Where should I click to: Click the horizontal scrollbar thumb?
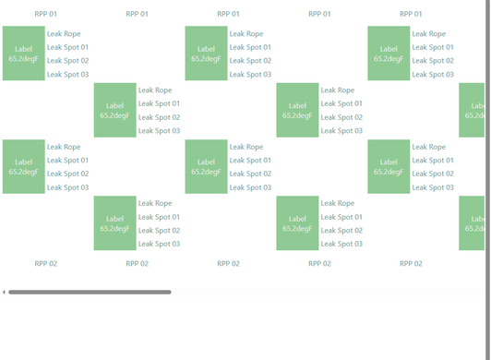pyautogui.click(x=90, y=292)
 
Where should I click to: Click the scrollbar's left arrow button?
pyautogui.click(x=4, y=292)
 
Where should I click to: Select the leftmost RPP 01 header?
pyautogui.click(x=46, y=14)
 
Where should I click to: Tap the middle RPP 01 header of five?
pyautogui.click(x=228, y=14)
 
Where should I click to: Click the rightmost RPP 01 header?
pyautogui.click(x=411, y=14)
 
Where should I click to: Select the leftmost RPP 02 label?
pyautogui.click(x=46, y=263)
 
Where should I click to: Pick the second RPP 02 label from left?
pyautogui.click(x=138, y=263)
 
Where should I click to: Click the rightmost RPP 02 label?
pyautogui.click(x=411, y=263)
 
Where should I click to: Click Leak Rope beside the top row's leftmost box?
pyautogui.click(x=64, y=34)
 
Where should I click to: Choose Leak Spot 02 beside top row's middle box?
pyautogui.click(x=250, y=61)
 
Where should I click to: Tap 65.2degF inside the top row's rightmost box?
pyautogui.click(x=389, y=58)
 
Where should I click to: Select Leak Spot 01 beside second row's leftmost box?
pyautogui.click(x=159, y=103)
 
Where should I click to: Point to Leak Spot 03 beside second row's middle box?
pyautogui.click(x=341, y=131)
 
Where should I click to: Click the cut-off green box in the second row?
pyautogui.click(x=472, y=110)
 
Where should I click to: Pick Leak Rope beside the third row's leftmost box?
pyautogui.click(x=64, y=147)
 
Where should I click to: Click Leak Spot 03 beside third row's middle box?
pyautogui.click(x=250, y=187)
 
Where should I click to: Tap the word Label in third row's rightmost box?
pyautogui.click(x=389, y=162)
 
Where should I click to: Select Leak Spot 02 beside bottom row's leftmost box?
pyautogui.click(x=159, y=230)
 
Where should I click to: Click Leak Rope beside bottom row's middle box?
pyautogui.click(x=338, y=203)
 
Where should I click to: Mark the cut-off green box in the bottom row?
pyautogui.click(x=472, y=223)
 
